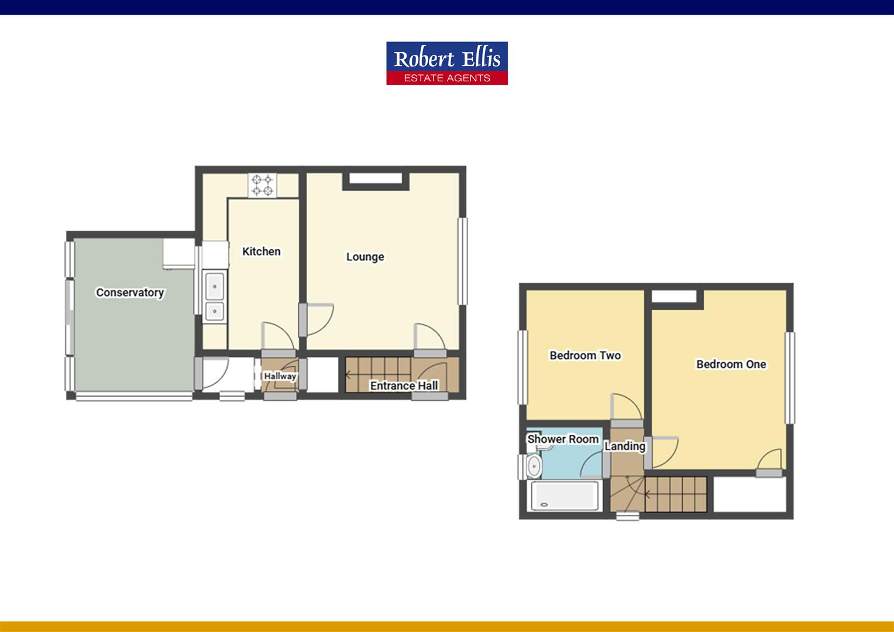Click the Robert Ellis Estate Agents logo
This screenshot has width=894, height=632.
click(446, 63)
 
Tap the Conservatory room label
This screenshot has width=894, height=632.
click(130, 293)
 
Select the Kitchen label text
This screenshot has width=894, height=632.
click(262, 252)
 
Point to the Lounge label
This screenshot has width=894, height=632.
click(365, 257)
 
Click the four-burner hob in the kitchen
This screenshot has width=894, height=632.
click(263, 186)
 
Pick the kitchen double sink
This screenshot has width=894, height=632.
click(215, 297)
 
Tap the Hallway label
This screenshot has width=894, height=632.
click(280, 376)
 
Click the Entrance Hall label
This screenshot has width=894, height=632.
click(404, 386)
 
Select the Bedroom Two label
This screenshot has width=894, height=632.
click(585, 355)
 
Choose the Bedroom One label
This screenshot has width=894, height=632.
click(731, 364)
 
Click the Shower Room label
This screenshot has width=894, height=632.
click(563, 439)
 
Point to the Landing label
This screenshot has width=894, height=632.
click(625, 446)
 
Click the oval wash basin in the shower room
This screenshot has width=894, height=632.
click(534, 466)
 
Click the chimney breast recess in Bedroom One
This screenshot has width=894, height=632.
click(674, 297)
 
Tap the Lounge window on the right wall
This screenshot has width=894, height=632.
click(462, 261)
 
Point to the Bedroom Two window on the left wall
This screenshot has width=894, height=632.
click(522, 367)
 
